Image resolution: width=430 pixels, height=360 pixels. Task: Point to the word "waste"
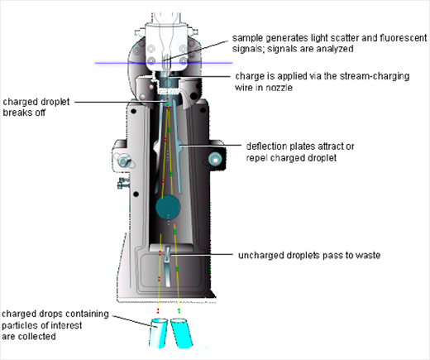pyautogui.click(x=368, y=255)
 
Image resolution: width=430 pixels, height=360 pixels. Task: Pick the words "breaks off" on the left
pyautogui.click(x=24, y=113)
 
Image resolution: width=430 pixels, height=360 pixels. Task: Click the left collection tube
pyautogui.click(x=159, y=334)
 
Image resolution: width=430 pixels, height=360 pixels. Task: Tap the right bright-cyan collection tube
pyautogui.click(x=181, y=334)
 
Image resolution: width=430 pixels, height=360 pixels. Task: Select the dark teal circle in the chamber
pyautogui.click(x=168, y=207)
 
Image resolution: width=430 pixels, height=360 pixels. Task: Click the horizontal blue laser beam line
pyautogui.click(x=164, y=63)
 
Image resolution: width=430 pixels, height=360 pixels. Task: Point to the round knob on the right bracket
pyautogui.click(x=215, y=160)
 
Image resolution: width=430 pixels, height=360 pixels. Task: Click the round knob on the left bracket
pyautogui.click(x=124, y=161)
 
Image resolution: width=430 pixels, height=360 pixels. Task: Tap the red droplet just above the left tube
pyautogui.click(x=158, y=311)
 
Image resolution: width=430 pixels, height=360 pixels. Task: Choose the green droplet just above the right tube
pyautogui.click(x=179, y=310)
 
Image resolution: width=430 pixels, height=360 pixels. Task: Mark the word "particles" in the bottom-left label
pyautogui.click(x=21, y=325)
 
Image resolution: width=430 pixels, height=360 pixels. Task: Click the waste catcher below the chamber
pyautogui.click(x=168, y=266)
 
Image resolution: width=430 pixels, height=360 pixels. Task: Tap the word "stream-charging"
pyautogui.click(x=375, y=76)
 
